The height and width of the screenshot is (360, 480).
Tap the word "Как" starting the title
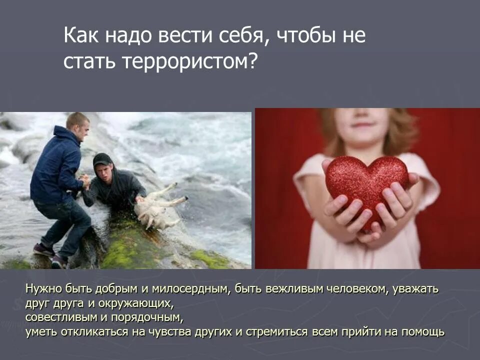(81, 37)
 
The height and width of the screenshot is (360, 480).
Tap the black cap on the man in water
(102, 159)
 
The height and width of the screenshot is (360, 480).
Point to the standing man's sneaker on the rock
(44, 249)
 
